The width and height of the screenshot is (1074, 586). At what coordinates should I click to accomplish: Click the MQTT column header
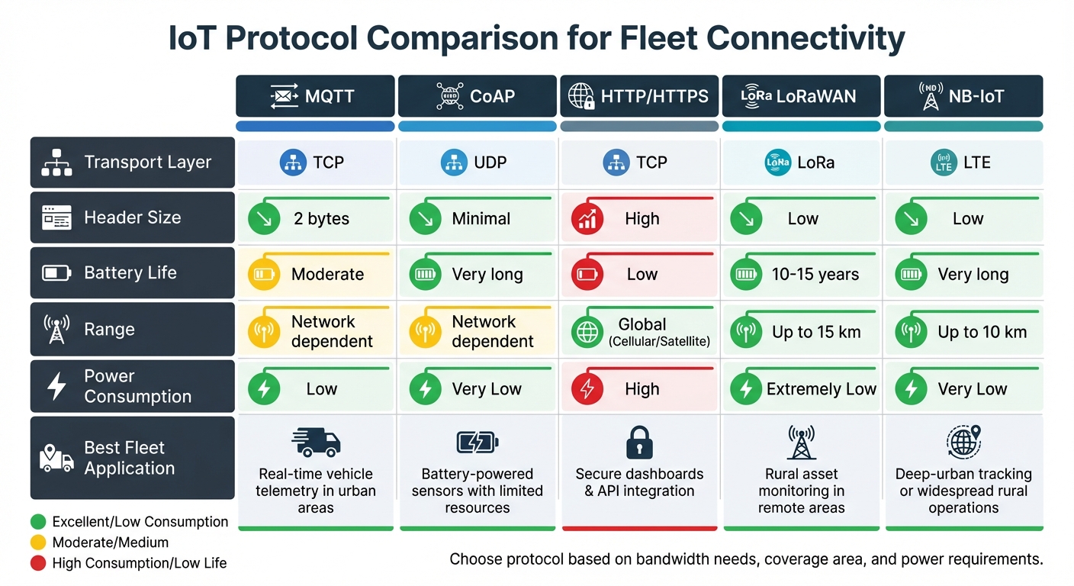click(x=315, y=96)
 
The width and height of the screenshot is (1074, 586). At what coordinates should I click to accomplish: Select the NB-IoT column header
click(x=963, y=96)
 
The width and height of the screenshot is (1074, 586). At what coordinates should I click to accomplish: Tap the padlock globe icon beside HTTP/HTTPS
click(x=581, y=97)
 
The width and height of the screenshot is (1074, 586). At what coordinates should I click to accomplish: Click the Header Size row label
click(x=132, y=217)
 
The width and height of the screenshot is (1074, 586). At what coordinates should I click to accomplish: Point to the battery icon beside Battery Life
click(x=56, y=272)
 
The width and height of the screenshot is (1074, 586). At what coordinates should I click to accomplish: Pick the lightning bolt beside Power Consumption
click(x=56, y=386)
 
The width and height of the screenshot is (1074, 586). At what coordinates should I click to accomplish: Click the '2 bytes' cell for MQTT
click(x=321, y=219)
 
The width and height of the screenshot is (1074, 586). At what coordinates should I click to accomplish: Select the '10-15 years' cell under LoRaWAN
click(x=815, y=275)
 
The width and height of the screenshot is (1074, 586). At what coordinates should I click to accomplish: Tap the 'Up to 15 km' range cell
click(x=816, y=332)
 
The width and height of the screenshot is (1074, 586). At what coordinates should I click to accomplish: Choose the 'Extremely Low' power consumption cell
click(x=821, y=389)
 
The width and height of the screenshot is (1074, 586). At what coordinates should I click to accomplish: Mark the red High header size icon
click(x=587, y=220)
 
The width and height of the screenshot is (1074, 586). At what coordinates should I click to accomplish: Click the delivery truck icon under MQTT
click(x=316, y=442)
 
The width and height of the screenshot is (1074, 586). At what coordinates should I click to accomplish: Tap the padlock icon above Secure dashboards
click(x=639, y=442)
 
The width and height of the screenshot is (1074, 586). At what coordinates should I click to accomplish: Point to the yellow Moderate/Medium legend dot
click(x=38, y=543)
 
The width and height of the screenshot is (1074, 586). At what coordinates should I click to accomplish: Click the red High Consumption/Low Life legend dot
click(x=38, y=563)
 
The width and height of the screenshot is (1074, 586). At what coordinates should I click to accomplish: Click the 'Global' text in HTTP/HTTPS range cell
click(x=642, y=324)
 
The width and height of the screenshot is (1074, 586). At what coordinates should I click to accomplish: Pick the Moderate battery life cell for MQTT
click(x=327, y=275)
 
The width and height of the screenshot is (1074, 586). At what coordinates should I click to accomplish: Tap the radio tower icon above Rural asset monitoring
click(x=801, y=443)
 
